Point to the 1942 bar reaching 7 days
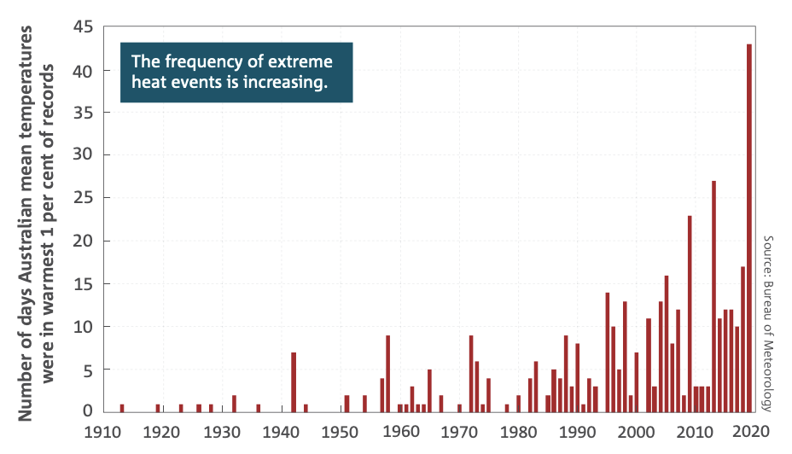click(294, 381)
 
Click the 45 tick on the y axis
click(83, 27)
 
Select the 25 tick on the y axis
click(83, 198)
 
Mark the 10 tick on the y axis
click(83, 326)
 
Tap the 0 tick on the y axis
click(88, 411)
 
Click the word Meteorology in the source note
click(767, 370)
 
